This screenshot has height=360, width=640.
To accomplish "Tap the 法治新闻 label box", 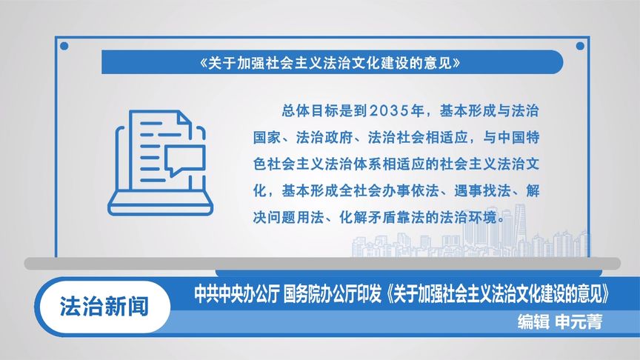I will pos(104,305).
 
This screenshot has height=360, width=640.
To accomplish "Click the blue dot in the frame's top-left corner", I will pos(64,46).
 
